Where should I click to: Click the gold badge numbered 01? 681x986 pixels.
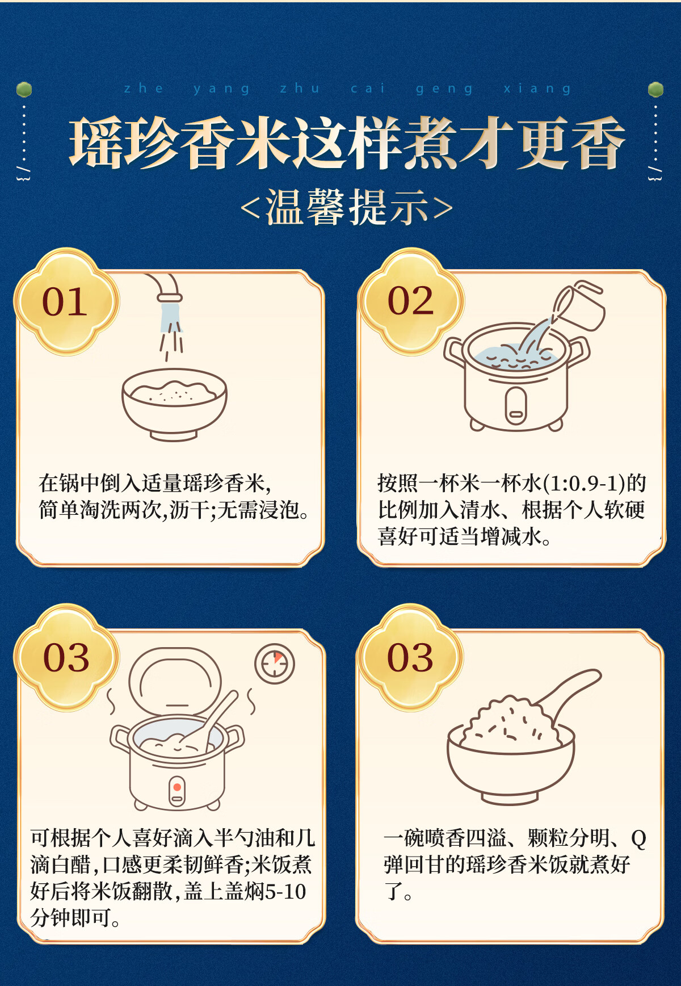point(66,301)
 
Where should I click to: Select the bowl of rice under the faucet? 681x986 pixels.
point(174,404)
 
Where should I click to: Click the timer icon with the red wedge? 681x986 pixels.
point(275,664)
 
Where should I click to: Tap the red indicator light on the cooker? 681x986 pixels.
point(177,787)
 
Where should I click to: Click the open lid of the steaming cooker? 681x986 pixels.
point(174,682)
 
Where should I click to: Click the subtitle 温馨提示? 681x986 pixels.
point(347,208)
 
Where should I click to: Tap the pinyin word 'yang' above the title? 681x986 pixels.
point(221,89)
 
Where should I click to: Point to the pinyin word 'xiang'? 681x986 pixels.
point(537,89)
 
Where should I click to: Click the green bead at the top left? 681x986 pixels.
point(24,89)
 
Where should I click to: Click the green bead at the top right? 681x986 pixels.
point(655,89)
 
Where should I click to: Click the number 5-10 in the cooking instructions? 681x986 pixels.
point(285,891)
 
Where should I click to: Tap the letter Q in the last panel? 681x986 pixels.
point(638,838)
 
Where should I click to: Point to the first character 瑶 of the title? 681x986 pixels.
point(96,143)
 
